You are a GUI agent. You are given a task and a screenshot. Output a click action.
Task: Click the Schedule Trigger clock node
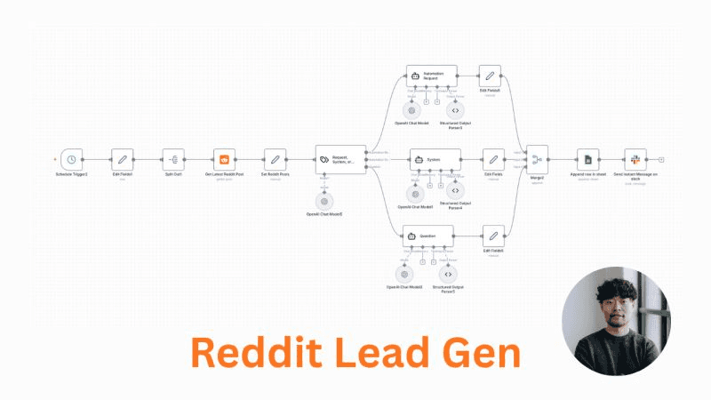pos(72,159)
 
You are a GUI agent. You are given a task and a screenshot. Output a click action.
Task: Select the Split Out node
pos(173,159)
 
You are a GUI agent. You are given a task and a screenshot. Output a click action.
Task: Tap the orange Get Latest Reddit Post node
pos(225,159)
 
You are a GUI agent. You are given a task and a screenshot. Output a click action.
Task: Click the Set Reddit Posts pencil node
pos(276,159)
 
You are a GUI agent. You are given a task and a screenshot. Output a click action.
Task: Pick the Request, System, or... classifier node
pos(340,160)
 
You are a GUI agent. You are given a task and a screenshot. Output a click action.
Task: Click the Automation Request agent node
pos(431,76)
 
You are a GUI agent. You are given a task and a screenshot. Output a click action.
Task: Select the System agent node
pos(432,160)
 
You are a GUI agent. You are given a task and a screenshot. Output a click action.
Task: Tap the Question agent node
pos(429,236)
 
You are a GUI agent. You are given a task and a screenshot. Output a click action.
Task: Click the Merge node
pos(537,159)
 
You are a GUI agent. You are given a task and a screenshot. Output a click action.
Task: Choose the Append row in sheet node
pos(587,159)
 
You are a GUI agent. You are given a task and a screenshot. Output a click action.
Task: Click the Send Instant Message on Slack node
pos(635,159)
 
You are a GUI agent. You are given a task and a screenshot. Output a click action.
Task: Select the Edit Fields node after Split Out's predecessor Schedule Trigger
pos(123,159)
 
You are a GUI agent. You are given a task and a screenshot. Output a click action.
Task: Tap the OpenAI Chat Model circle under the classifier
pos(324,201)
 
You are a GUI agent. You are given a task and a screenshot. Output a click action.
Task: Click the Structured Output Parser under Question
pos(447,274)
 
